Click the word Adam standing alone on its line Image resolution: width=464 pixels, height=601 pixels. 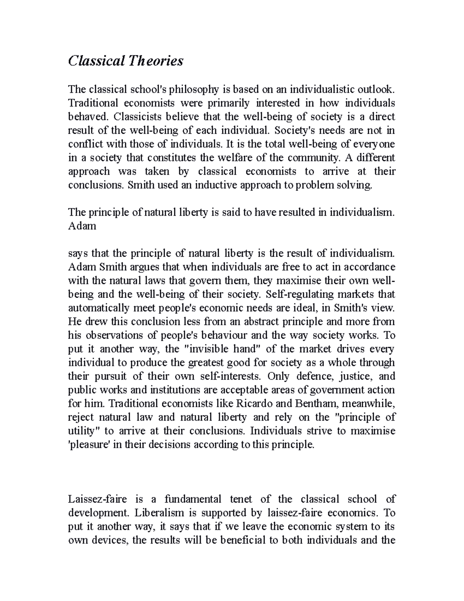[x=82, y=226]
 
